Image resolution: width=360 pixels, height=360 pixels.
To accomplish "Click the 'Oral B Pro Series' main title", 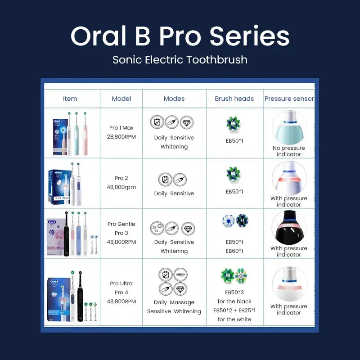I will click(180, 36).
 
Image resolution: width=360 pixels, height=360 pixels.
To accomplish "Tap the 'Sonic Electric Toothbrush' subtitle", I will click(180, 59).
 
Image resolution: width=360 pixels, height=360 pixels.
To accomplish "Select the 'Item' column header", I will click(70, 99).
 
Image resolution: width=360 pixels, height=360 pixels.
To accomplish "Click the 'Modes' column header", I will click(174, 99).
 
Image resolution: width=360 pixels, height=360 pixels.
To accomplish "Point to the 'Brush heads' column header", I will click(234, 99).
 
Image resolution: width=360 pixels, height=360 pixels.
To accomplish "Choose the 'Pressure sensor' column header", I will click(289, 99).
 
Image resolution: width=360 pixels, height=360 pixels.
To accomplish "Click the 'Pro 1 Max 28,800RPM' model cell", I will click(121, 132).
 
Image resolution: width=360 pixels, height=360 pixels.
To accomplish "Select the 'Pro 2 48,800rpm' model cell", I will click(121, 183).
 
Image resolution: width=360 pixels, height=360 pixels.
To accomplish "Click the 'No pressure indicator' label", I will click(289, 151).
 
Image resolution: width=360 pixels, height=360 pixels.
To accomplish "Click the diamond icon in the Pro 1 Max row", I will click(187, 122).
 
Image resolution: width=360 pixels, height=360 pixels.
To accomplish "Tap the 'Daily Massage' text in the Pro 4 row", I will click(174, 302).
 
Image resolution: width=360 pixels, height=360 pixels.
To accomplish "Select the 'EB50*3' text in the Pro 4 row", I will click(234, 292).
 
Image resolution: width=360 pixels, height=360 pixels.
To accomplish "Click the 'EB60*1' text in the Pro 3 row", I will click(234, 251).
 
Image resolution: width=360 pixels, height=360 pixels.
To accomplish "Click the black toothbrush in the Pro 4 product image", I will click(80, 297).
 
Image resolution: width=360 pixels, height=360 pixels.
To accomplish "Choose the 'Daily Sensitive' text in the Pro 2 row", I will click(174, 193).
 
